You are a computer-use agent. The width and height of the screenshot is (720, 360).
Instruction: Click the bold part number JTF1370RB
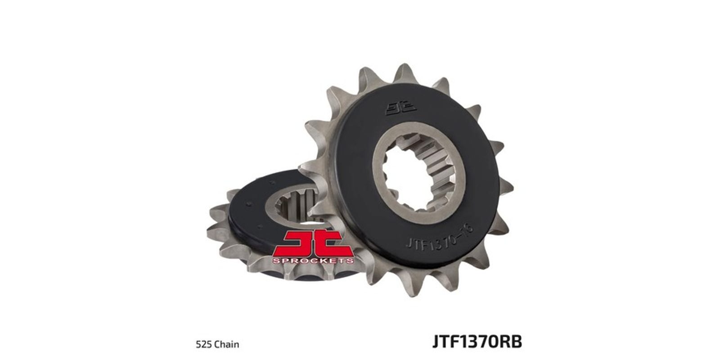click(x=477, y=342)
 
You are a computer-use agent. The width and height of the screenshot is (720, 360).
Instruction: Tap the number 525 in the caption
click(x=203, y=345)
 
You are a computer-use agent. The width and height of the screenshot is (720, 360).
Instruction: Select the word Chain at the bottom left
click(x=226, y=345)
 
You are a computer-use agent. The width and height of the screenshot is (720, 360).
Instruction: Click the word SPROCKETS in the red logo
click(x=313, y=261)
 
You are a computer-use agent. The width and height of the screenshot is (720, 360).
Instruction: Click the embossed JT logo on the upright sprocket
click(x=401, y=109)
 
